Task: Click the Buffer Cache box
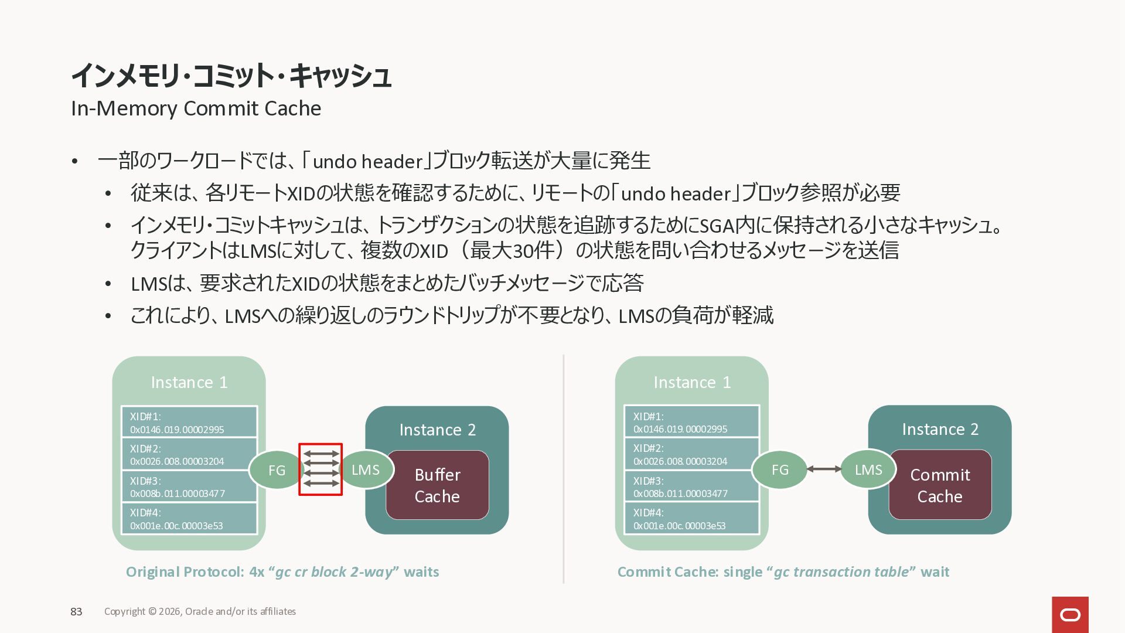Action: (437, 485)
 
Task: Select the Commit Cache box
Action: (940, 485)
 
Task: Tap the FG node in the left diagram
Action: (277, 470)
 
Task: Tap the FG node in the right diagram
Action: (779, 469)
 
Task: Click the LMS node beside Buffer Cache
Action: (366, 469)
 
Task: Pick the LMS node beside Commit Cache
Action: (868, 469)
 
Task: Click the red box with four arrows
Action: (321, 469)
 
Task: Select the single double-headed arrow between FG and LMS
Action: (824, 469)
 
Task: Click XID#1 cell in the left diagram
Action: (189, 423)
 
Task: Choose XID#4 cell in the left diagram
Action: (189, 519)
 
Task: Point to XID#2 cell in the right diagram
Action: (691, 454)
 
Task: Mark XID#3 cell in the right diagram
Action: (691, 486)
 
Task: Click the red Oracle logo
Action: (1070, 614)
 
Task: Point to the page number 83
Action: (76, 611)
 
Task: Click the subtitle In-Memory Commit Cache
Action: (196, 108)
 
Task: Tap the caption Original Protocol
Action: (185, 572)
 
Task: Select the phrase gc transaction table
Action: (841, 572)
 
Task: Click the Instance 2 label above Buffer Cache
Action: (437, 430)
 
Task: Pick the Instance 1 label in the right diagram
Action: (692, 382)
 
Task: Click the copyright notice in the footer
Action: (200, 611)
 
